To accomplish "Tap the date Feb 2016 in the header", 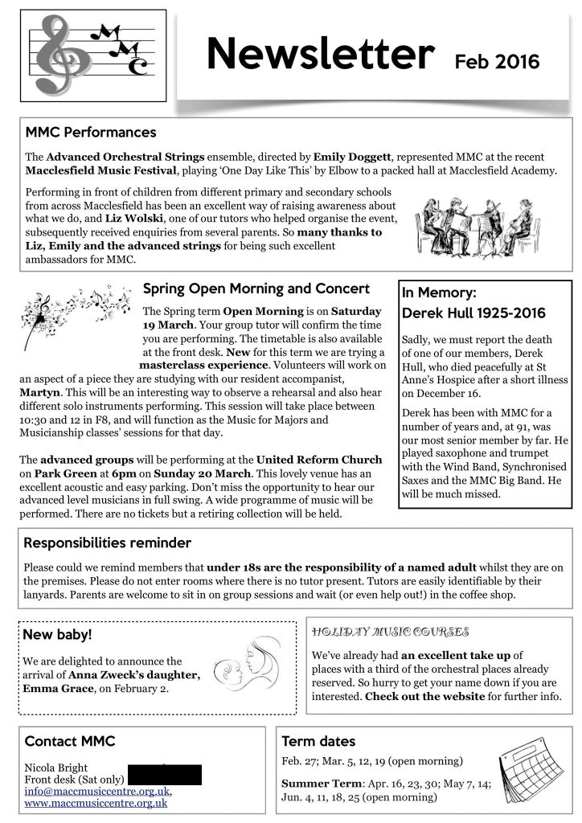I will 497,61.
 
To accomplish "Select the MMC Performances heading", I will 91,132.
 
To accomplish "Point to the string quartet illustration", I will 472,226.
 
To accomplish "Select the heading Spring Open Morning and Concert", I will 256,289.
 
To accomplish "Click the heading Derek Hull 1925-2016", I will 473,313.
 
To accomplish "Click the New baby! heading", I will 58,635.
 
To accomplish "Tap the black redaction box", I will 164,774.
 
